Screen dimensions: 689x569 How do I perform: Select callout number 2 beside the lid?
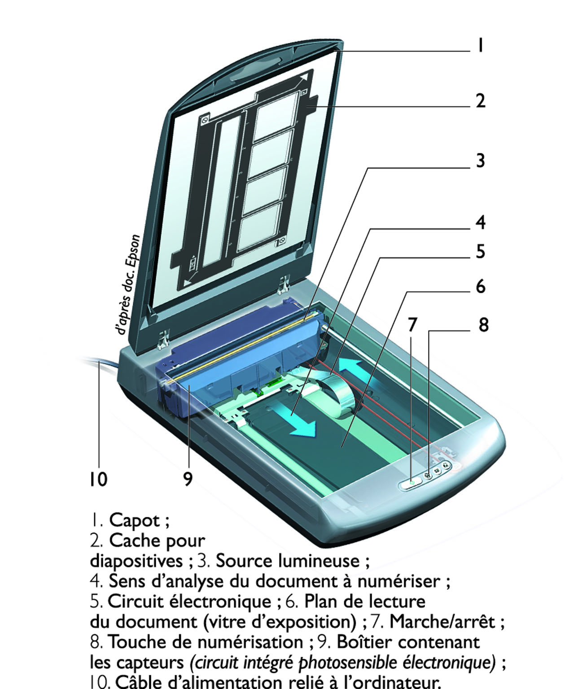point(480,100)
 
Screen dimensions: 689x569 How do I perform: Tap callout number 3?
point(480,160)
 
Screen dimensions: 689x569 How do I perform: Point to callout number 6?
point(480,286)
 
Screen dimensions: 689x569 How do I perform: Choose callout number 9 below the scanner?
point(188,479)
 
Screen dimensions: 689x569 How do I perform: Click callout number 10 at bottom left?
point(98,479)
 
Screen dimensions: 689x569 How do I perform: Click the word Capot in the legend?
point(134,520)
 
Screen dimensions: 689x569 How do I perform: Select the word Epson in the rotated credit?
point(133,253)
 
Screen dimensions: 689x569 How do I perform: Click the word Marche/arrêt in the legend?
point(442,622)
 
